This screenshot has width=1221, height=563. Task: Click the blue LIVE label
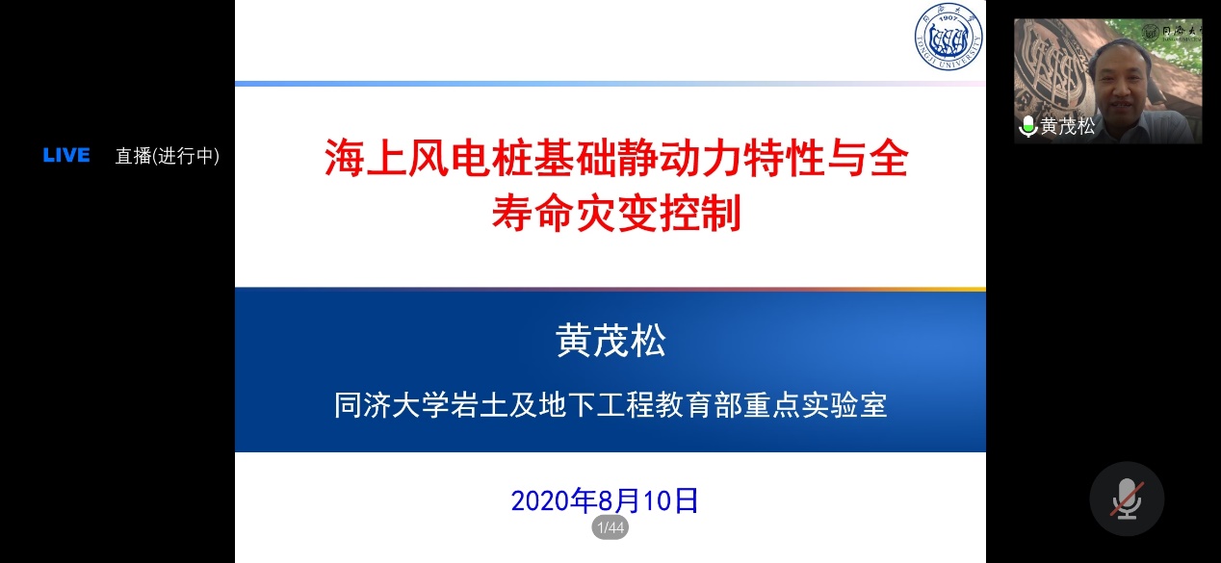(66, 155)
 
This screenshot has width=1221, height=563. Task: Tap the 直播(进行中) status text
(168, 156)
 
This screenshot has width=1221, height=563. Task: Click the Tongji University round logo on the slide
(948, 36)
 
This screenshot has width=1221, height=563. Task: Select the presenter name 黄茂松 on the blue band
(610, 341)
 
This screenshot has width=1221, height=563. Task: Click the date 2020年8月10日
(605, 500)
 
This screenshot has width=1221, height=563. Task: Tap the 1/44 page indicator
(610, 527)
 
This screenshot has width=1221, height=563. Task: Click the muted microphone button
(1127, 499)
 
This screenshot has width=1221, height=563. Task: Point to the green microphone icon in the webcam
(1028, 126)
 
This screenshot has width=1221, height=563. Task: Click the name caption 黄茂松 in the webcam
(1067, 126)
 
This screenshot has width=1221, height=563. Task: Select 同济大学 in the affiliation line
(391, 405)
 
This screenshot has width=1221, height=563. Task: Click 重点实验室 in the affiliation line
(816, 405)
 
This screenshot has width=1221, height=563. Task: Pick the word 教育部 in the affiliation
(699, 405)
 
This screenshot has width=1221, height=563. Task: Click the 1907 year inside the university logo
(948, 18)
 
